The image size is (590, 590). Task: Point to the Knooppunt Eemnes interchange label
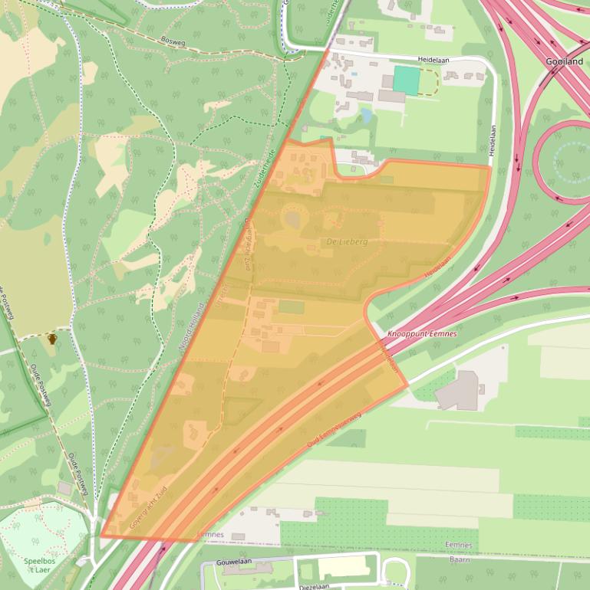click(x=421, y=334)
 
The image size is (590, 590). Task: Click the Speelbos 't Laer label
click(x=38, y=565)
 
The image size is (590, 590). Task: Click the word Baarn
click(x=460, y=559)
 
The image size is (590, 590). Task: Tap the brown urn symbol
click(x=52, y=339)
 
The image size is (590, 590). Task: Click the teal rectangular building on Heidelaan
click(x=407, y=80)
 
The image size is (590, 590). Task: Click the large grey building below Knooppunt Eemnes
click(x=458, y=391)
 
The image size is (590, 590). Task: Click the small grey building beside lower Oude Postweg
click(x=64, y=488)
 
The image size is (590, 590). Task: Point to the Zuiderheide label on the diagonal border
click(x=265, y=169)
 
